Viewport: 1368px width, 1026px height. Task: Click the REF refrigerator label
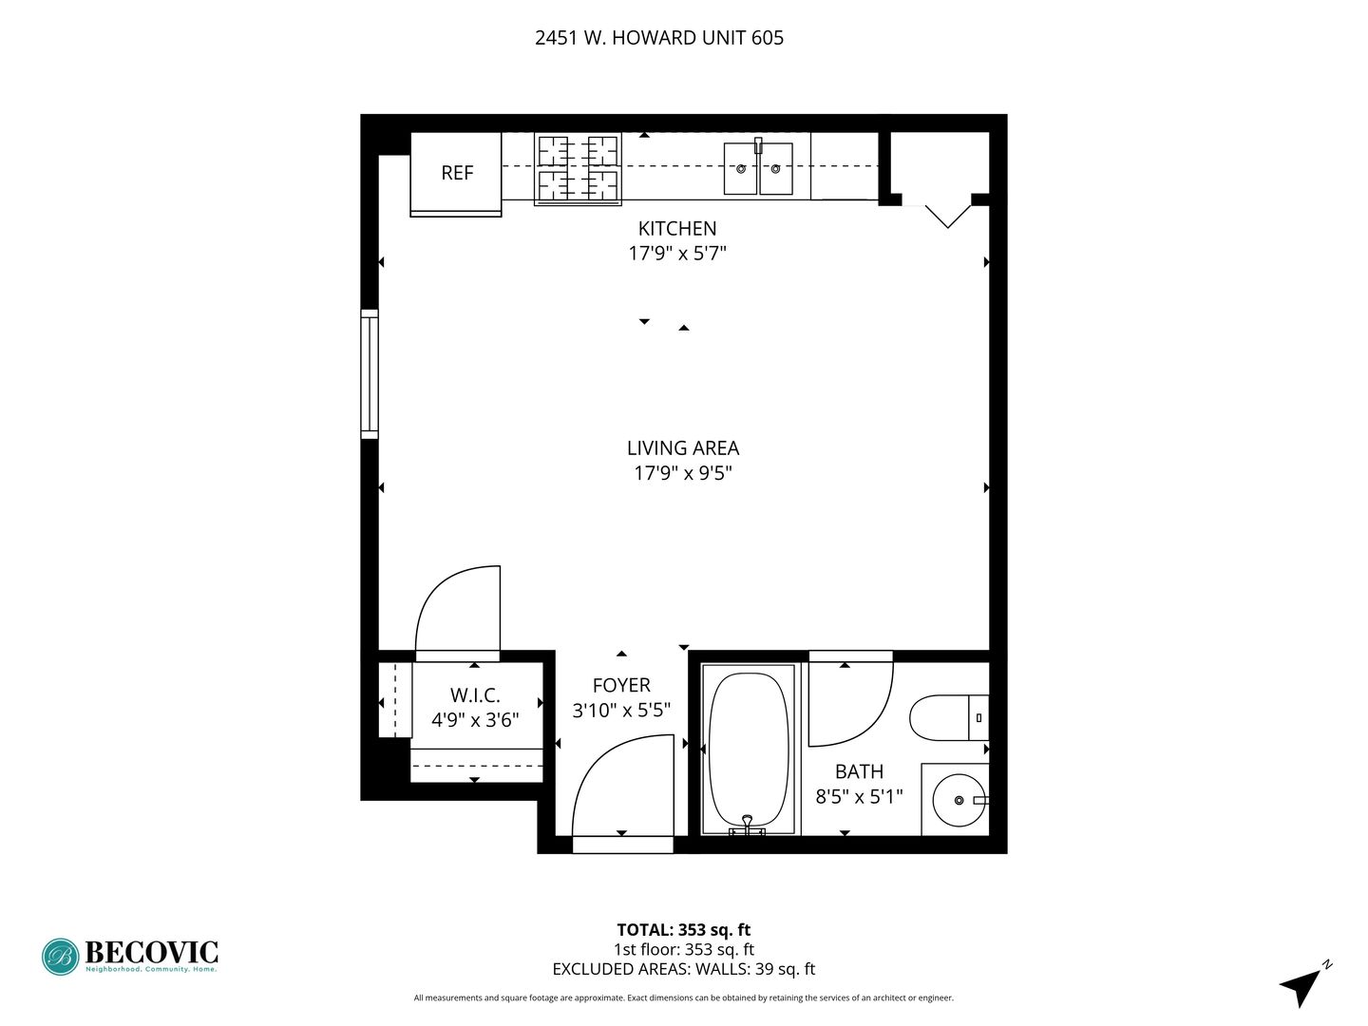point(457,173)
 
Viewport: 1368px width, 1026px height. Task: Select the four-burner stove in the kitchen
point(578,169)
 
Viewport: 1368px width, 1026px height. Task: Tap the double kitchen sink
point(758,167)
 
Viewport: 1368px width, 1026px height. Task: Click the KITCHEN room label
point(676,229)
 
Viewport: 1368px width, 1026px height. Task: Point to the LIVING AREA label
point(683,447)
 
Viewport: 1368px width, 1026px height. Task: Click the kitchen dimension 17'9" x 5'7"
point(677,254)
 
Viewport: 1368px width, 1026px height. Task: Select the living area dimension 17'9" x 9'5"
point(683,473)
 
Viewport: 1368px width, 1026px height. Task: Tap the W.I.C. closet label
point(475,694)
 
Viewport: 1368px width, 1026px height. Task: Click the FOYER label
point(621,685)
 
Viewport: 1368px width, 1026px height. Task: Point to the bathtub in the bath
point(749,750)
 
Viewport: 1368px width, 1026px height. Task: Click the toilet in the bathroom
point(948,717)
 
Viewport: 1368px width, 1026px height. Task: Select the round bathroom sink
point(959,800)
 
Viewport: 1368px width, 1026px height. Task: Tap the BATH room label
point(859,771)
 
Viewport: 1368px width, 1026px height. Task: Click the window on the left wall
point(370,373)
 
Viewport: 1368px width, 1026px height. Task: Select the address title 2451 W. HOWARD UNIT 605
point(658,38)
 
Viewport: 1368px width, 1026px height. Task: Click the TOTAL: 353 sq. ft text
point(684,930)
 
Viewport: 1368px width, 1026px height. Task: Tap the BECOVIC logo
point(129,957)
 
